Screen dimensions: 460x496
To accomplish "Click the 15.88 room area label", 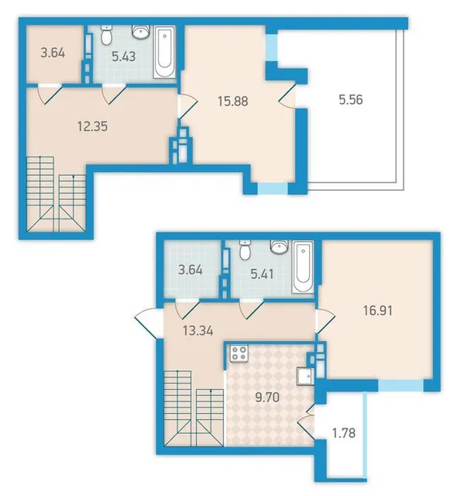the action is (x=232, y=102).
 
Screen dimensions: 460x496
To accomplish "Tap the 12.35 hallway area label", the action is (x=92, y=126).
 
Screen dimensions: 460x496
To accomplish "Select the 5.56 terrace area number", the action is (x=351, y=100).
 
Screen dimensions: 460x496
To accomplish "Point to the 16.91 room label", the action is (x=378, y=310).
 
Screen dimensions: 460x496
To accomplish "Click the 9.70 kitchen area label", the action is (x=267, y=397).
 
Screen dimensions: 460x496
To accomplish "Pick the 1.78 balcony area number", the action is (x=344, y=432).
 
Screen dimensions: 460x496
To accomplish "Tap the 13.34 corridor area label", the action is (x=198, y=331).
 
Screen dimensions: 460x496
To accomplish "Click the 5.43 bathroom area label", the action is (x=124, y=57).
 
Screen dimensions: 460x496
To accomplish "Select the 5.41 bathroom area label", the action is (x=262, y=274).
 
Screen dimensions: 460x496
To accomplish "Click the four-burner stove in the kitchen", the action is (x=239, y=353).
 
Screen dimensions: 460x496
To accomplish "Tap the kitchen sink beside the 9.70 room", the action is (x=305, y=377).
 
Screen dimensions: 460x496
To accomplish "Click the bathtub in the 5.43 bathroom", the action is (x=164, y=52).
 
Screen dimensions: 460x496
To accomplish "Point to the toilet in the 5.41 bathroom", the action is (x=245, y=250).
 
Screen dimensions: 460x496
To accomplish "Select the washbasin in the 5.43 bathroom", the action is (x=141, y=32).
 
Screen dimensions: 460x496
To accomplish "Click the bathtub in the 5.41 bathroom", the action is (x=303, y=267).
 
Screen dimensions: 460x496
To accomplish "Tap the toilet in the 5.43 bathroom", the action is (x=107, y=35).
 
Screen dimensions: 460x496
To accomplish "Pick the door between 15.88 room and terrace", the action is (x=287, y=95).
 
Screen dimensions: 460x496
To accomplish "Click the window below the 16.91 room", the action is (x=400, y=386).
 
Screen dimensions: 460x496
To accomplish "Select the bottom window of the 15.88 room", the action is (x=273, y=188).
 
